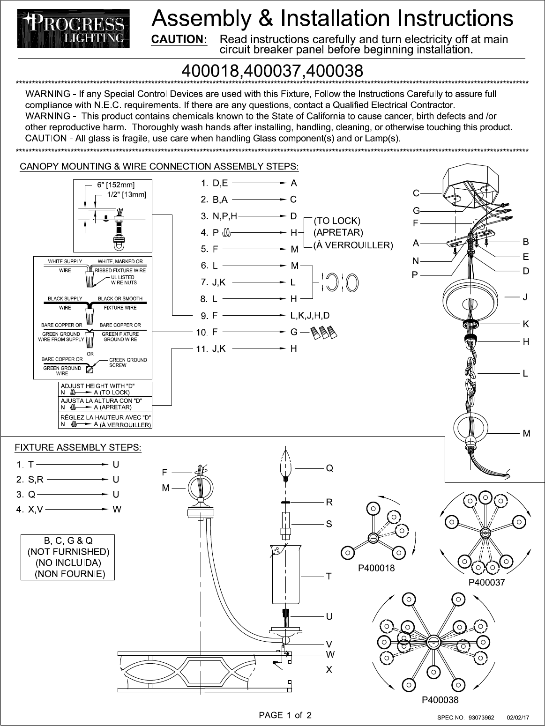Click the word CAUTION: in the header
pyautogui.click(x=179, y=40)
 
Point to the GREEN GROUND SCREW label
pyautogui.click(x=128, y=363)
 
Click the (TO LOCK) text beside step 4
pyautogui.click(x=336, y=220)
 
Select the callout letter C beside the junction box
pyautogui.click(x=416, y=193)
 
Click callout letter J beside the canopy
pyautogui.click(x=525, y=297)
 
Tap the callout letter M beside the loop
pyautogui.click(x=526, y=434)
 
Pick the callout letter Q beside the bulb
pyautogui.click(x=329, y=468)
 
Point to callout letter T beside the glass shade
pyautogui.click(x=329, y=576)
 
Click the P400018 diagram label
pyautogui.click(x=376, y=568)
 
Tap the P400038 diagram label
pyautogui.click(x=440, y=700)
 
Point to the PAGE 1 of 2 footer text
pyautogui.click(x=286, y=715)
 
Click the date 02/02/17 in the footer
pyautogui.click(x=518, y=717)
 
